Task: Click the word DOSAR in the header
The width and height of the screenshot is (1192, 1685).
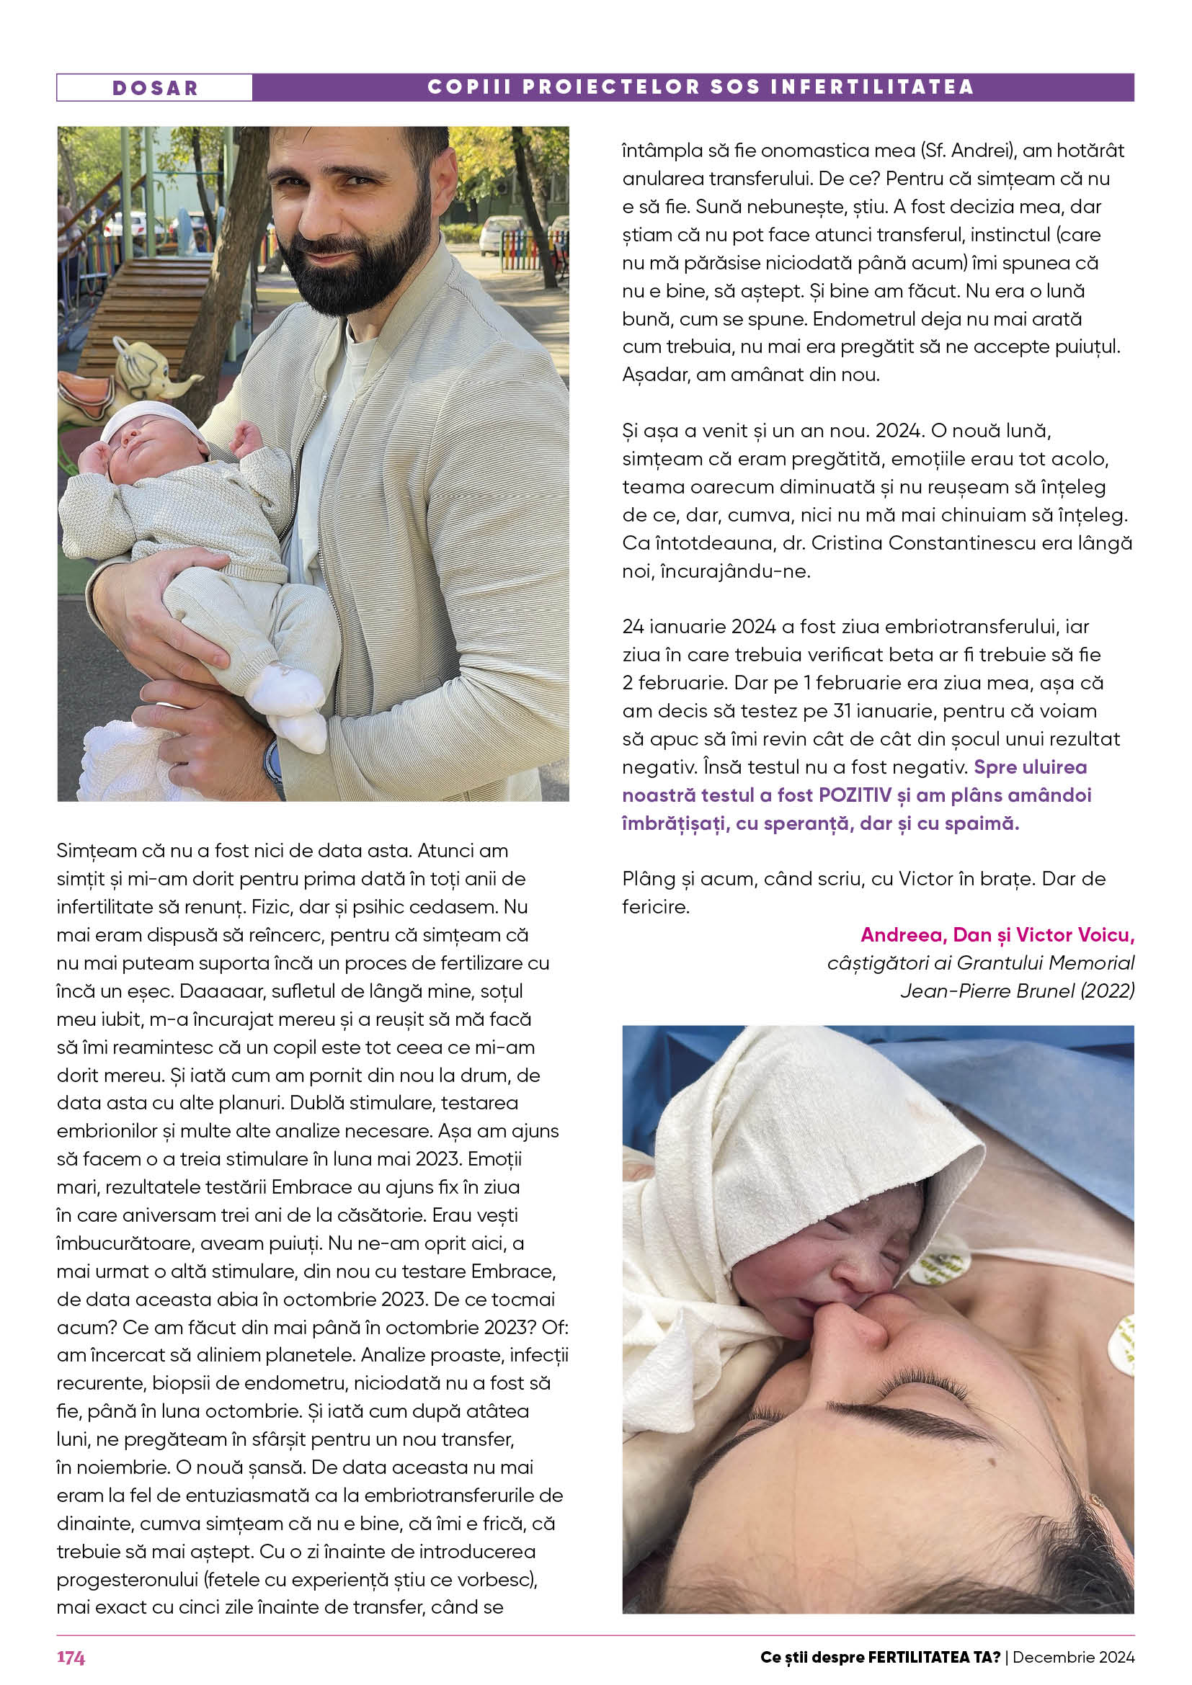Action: [155, 88]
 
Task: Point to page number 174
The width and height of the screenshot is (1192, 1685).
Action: [71, 1657]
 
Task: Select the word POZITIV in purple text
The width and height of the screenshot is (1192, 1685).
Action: [855, 795]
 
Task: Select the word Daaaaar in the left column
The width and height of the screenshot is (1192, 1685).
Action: [213, 991]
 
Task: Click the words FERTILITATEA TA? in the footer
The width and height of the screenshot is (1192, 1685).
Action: [933, 1657]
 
